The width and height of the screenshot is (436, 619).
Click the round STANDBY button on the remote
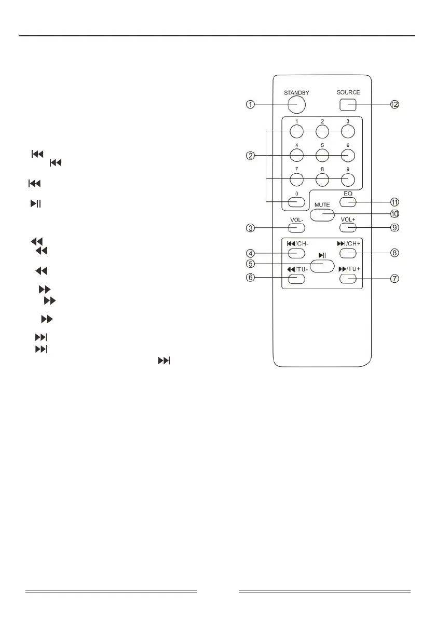[x=296, y=105]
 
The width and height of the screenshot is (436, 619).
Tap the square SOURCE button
[x=348, y=105]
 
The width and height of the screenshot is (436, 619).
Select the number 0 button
[x=296, y=202]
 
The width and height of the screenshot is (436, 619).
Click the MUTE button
[x=322, y=215]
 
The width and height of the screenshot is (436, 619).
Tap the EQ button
[x=348, y=202]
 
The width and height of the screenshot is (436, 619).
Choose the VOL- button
[x=296, y=228]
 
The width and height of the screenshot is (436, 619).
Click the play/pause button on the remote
[x=322, y=266]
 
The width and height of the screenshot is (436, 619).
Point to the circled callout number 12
[x=394, y=105]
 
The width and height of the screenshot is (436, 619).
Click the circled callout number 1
[x=250, y=105]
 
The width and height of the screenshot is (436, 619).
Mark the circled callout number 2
[x=250, y=156]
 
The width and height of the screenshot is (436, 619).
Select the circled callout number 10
[x=394, y=214]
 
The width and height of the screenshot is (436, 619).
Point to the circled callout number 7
[x=394, y=279]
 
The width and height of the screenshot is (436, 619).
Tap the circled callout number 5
[x=250, y=264]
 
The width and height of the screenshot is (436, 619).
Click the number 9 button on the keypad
[x=348, y=180]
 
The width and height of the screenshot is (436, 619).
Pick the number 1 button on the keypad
[x=296, y=131]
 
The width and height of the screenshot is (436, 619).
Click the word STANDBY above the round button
[x=296, y=93]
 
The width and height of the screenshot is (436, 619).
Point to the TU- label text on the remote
[x=303, y=269]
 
